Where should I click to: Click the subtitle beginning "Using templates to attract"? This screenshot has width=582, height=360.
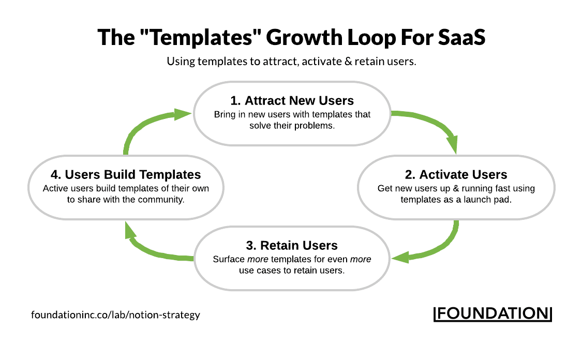(x=291, y=62)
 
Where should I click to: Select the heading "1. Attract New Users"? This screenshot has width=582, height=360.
(x=292, y=100)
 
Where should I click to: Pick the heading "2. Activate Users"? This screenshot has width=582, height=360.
(x=456, y=174)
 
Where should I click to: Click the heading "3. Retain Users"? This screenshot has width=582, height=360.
(x=292, y=245)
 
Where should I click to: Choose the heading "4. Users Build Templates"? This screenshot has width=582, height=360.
(x=126, y=174)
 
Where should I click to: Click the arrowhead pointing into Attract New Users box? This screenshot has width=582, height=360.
(x=182, y=114)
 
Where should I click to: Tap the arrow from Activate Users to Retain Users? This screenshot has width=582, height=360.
(x=445, y=246)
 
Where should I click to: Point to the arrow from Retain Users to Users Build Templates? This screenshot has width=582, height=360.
(x=150, y=252)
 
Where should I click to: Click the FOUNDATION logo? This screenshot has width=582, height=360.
(x=492, y=313)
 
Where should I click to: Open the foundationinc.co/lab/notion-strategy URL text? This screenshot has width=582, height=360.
(x=115, y=314)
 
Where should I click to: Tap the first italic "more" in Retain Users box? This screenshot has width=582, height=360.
(x=253, y=259)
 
